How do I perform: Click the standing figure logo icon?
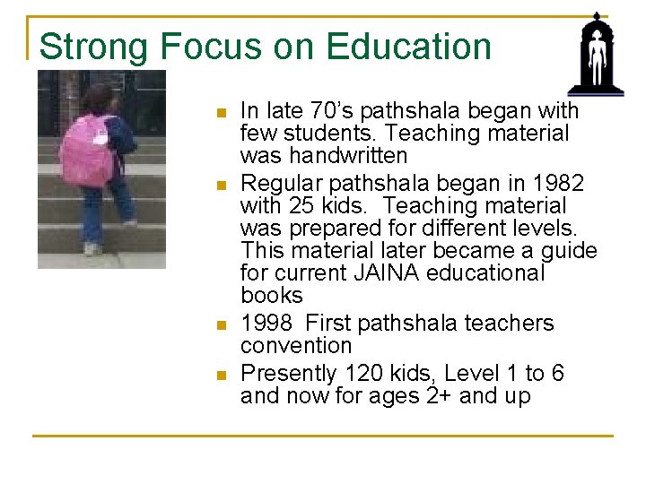point(595,54)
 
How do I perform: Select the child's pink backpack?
point(87,149)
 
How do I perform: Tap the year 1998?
point(266,324)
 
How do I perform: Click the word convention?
point(296,346)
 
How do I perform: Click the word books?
point(272,296)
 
